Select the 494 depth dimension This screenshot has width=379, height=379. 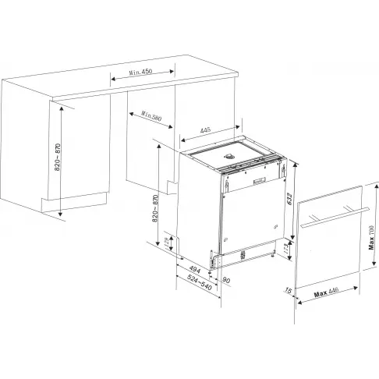[194, 271]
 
